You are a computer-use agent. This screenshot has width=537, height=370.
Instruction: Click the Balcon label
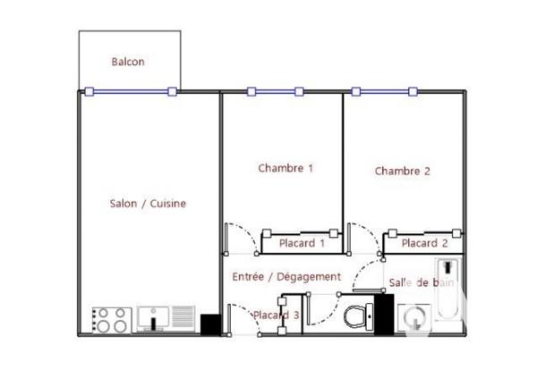pyautogui.click(x=128, y=63)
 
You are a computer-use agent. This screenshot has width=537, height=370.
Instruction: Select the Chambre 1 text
pyautogui.click(x=286, y=168)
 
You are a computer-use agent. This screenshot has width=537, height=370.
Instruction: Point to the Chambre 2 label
pyautogui.click(x=403, y=171)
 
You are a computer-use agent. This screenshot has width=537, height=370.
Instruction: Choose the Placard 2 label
pyautogui.click(x=424, y=243)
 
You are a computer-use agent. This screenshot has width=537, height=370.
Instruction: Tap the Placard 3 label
pyautogui.click(x=276, y=315)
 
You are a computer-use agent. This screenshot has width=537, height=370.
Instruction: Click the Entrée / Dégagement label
pyautogui.click(x=286, y=277)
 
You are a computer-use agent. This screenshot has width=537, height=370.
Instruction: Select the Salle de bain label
pyautogui.click(x=421, y=282)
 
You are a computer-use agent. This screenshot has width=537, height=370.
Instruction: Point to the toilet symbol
pyautogui.click(x=358, y=315)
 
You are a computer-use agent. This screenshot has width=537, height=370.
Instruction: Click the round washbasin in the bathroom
pyautogui.click(x=413, y=318)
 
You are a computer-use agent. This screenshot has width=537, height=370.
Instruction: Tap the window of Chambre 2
pyautogui.click(x=385, y=91)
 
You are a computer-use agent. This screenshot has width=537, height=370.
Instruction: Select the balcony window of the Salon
pyautogui.click(x=131, y=91)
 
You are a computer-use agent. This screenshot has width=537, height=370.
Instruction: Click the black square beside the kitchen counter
pyautogui.click(x=210, y=324)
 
